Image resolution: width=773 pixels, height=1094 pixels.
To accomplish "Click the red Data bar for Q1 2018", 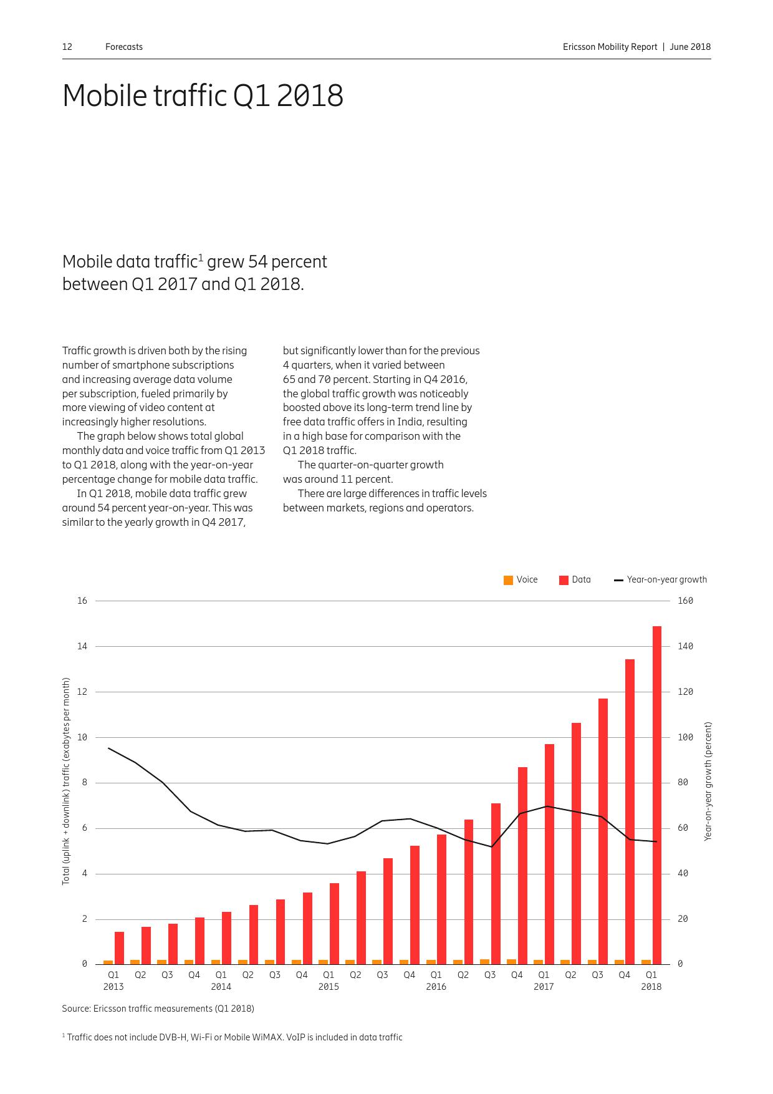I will point(656,795).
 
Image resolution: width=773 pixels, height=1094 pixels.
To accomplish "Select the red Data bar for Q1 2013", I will point(119,947).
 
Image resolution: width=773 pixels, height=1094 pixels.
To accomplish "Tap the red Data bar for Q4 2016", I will point(522,866).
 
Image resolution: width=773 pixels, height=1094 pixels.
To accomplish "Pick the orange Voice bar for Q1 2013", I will point(108,962).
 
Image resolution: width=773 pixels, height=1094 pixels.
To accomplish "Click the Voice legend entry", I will point(521,579).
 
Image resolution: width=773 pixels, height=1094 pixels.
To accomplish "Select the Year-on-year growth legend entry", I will point(661,579).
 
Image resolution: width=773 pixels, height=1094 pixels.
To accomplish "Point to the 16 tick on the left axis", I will point(82,601).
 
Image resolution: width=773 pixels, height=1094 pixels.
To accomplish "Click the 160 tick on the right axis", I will point(685,601).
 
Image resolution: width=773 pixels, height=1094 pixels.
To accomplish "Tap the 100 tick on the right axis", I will point(685,737).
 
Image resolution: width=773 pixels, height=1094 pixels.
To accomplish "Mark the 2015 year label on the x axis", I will point(329,987).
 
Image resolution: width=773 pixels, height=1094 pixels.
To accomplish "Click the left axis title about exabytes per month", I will point(66,781).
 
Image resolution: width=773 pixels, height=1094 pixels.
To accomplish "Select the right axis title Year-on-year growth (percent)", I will point(708,781).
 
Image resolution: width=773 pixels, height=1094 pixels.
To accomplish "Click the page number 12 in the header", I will point(67,47).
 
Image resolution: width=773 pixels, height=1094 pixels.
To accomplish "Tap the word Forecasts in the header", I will point(124,47).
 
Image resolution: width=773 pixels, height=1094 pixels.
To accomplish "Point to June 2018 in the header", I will point(690,47).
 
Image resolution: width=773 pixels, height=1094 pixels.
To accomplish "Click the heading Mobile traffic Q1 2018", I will point(203,96).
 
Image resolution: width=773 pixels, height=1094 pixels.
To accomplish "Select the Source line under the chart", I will point(158,1009).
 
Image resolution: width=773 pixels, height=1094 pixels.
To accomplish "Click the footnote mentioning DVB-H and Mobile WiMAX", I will point(233,1037).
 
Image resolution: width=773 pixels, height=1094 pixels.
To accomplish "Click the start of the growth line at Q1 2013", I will point(108,748).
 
